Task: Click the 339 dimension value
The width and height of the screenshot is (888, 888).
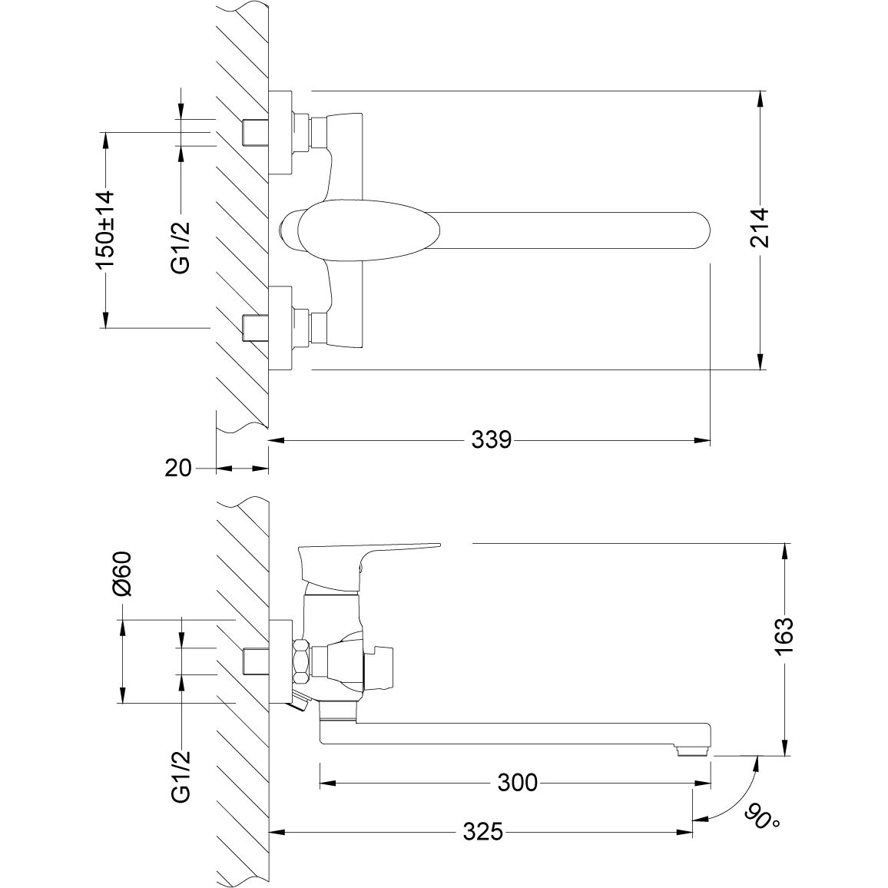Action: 491,441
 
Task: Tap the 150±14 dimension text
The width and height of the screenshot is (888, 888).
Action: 104,229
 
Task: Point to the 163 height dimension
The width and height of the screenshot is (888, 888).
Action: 784,636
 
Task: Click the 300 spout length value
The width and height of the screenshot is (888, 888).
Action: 518,784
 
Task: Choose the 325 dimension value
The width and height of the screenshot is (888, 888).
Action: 483,832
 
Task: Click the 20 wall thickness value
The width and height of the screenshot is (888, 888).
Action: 178,468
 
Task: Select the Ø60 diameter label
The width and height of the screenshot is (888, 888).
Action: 123,575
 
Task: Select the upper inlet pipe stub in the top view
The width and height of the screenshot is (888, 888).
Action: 253,132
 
